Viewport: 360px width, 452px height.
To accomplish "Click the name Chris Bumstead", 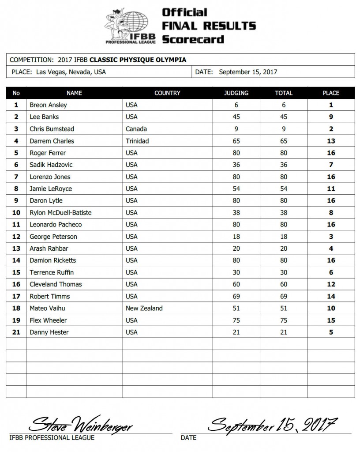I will tap(52, 129).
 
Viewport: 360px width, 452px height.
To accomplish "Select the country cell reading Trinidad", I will tap(137, 141).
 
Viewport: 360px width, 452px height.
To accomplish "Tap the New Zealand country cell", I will tap(144, 308).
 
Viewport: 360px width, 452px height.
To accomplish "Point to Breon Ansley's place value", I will tap(331, 105).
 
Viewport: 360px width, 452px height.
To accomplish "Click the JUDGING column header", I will tap(236, 93).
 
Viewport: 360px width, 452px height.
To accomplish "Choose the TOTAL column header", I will tap(284, 93).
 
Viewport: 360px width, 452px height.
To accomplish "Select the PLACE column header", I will tap(331, 93).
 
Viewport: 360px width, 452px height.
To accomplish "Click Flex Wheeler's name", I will tap(48, 320).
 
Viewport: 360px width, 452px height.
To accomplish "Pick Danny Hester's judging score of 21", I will tap(236, 332).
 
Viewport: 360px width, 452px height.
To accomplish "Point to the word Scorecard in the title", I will tap(193, 39).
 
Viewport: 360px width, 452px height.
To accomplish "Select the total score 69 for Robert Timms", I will tap(284, 296).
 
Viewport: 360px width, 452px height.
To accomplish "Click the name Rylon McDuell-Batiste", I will tap(60, 212).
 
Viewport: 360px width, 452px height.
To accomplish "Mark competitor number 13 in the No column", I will tap(16, 248).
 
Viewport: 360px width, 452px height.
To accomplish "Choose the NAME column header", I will tap(74, 93).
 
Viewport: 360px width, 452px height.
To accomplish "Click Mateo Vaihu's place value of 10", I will tap(331, 308).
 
